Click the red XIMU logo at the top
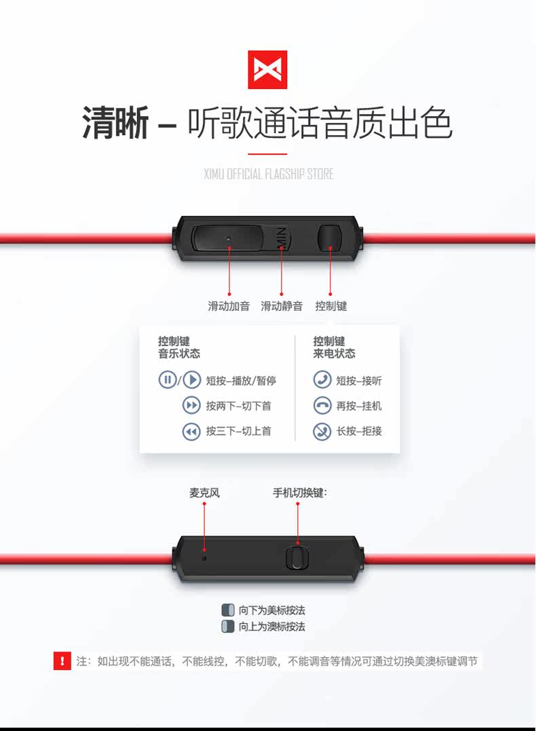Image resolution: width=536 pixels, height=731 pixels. pos(267,69)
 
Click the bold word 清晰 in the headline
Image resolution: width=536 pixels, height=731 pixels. pos(115,124)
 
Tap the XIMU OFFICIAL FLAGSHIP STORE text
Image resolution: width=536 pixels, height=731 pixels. pos(268,174)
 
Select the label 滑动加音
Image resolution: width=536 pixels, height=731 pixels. pos(229,306)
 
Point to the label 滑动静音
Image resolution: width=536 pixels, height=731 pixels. pos(282,306)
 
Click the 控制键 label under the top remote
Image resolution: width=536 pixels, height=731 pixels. pos(330,306)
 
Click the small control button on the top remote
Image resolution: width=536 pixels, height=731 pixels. pos(330,239)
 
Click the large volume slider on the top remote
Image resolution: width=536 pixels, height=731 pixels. pos(228,239)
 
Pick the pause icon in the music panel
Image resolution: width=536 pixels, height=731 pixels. pos(168,380)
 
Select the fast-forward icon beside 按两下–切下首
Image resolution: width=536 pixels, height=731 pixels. pos(191,406)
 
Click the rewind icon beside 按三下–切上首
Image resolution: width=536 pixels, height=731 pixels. pos(191,431)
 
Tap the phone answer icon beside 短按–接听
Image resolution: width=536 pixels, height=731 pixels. pos(322,380)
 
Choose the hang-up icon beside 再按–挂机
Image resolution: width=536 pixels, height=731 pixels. pos(322,406)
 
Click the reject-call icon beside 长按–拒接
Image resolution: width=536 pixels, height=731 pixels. pos(322,431)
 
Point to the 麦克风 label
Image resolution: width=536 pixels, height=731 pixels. pos(204,493)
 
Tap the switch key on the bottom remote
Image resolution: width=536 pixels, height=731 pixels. pos(295,557)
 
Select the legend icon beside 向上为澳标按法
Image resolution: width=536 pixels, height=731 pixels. pos(228,626)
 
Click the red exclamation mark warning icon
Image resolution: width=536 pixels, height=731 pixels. pos(62,660)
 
